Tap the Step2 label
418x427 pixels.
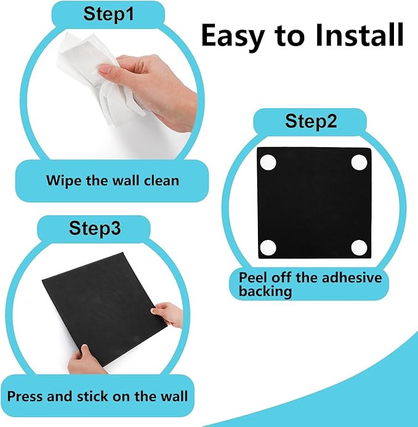point(310,121)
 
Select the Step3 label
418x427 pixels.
point(94,229)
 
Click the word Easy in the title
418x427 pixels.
point(237,36)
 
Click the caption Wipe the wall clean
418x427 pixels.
point(113,181)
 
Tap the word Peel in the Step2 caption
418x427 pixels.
point(252,277)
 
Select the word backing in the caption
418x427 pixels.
point(265,291)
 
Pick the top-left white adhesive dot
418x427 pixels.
point(268,163)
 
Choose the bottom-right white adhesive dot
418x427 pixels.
point(359,247)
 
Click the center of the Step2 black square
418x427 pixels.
point(313,205)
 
